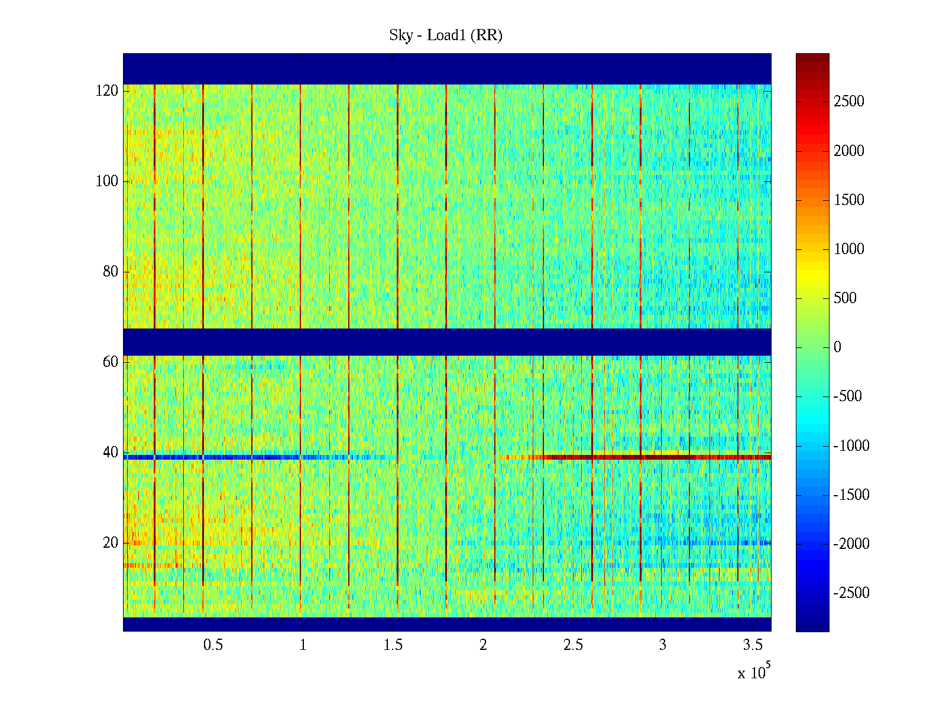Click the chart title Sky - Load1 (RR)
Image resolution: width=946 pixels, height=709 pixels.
(x=446, y=35)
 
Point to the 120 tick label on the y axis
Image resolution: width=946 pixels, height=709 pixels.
(x=107, y=90)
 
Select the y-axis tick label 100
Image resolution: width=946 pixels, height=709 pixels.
(x=107, y=181)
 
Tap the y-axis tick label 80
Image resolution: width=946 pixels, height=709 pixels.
(x=111, y=272)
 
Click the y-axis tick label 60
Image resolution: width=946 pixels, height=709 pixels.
(x=111, y=362)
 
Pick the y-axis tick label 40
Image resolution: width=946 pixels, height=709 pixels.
(x=111, y=453)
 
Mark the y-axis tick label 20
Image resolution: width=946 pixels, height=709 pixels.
(x=111, y=543)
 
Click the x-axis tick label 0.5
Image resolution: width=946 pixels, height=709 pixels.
(x=213, y=645)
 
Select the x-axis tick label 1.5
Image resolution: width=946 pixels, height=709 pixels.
(x=393, y=645)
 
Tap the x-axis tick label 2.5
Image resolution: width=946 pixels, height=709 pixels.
(x=573, y=645)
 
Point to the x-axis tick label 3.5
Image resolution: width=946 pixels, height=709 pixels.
(x=753, y=645)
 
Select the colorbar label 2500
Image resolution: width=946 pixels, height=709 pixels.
(x=849, y=102)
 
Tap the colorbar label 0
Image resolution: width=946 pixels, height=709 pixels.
(x=837, y=347)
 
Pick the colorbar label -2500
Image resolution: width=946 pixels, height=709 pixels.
(x=851, y=593)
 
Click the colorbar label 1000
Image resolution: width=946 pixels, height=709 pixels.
(x=849, y=249)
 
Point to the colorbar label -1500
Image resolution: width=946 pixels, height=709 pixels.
(x=851, y=495)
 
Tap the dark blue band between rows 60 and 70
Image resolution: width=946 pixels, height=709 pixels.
(x=447, y=342)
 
